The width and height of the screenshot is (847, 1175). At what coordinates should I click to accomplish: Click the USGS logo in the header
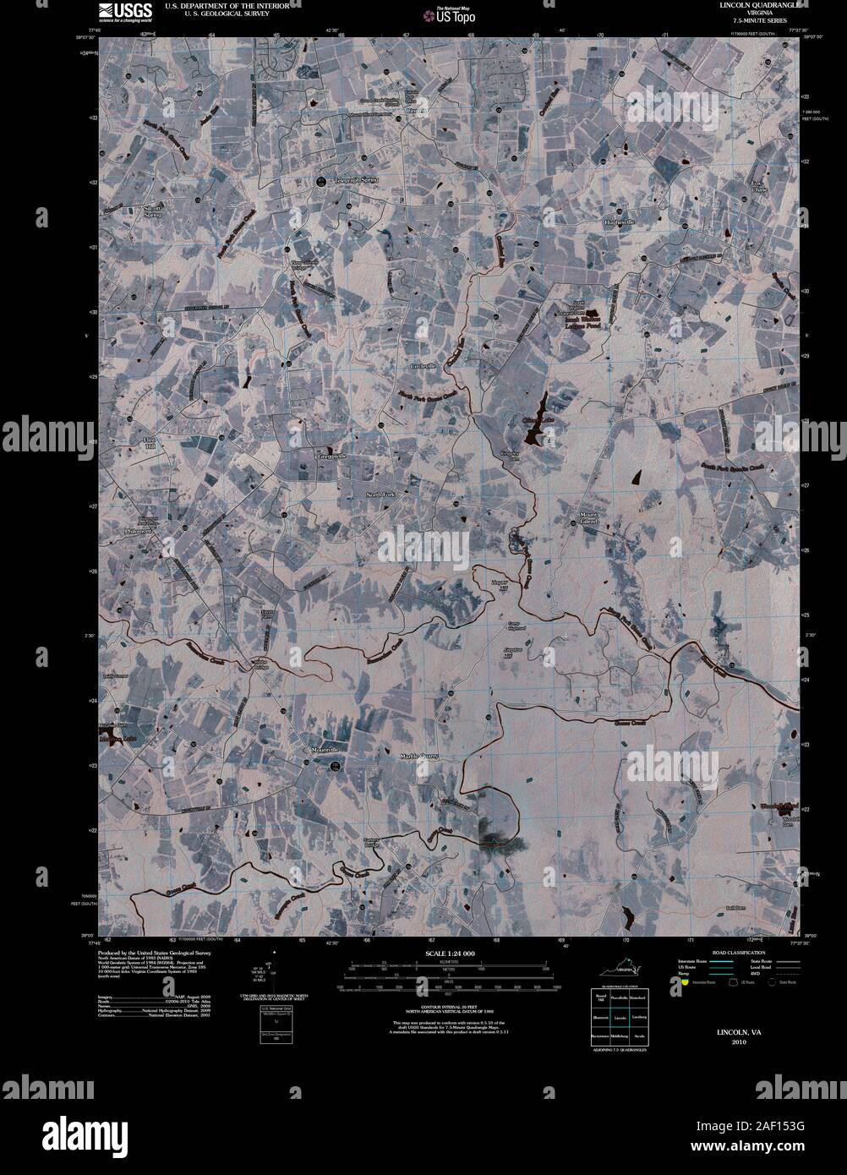click(x=124, y=11)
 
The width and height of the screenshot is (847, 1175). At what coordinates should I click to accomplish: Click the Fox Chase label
click(x=759, y=187)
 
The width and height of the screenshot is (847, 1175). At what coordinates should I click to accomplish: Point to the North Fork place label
click(x=382, y=495)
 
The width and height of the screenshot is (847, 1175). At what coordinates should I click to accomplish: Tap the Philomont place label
click(x=135, y=532)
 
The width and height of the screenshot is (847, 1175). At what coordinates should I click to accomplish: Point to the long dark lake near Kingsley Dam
click(x=536, y=420)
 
